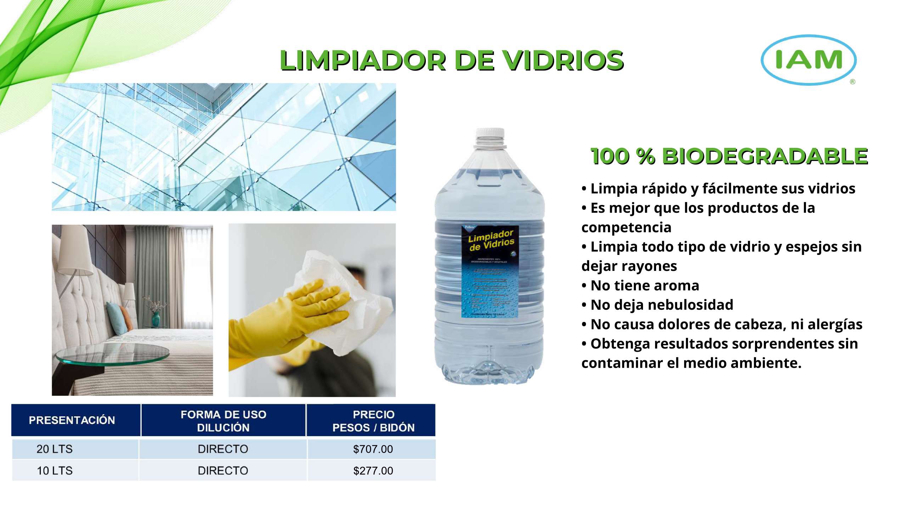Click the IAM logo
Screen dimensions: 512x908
tap(808, 60)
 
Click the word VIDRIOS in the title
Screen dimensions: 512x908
tap(563, 60)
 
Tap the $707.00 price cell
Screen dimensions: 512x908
tap(373, 449)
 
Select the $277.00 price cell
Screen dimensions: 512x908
tap(373, 471)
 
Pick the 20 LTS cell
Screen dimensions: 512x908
tap(55, 449)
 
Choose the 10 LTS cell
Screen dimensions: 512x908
tap(55, 471)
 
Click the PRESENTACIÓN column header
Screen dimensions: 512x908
tap(72, 421)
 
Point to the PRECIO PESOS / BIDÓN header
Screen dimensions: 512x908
tap(373, 421)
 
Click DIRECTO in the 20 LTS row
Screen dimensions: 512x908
tap(223, 449)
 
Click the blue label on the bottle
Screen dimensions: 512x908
tap(490, 271)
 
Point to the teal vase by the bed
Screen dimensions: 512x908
tap(156, 319)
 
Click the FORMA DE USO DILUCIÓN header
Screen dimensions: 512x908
tap(223, 421)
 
